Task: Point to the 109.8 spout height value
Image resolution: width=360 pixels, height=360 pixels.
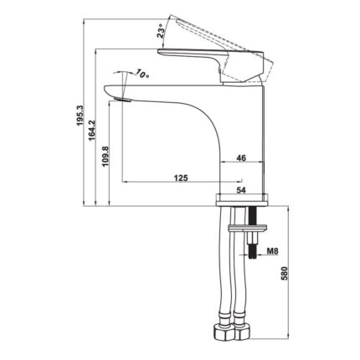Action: click(105, 157)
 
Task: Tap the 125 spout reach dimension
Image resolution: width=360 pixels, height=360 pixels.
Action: click(180, 177)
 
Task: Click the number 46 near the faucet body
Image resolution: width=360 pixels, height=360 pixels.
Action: click(241, 157)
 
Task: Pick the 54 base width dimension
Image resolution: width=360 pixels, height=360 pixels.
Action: click(241, 190)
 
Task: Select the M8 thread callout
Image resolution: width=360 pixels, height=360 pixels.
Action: click(272, 250)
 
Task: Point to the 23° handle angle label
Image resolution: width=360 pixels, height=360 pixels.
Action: click(160, 32)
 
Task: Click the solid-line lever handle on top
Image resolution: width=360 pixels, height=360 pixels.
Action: click(201, 59)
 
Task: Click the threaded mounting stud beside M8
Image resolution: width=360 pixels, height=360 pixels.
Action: click(251, 247)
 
